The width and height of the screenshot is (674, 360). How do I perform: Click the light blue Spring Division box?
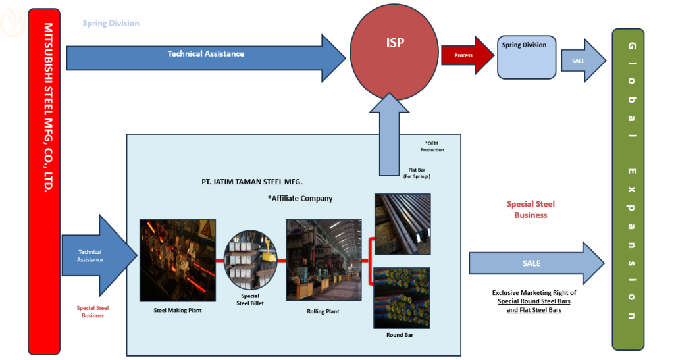pyautogui.click(x=525, y=57)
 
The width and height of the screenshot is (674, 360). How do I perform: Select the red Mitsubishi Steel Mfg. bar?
pyautogui.click(x=44, y=181)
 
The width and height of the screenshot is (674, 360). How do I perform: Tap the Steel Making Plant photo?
pyautogui.click(x=178, y=261)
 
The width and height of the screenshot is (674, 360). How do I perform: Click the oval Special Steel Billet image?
pyautogui.click(x=251, y=261)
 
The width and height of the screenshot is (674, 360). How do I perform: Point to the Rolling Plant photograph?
pyautogui.click(x=323, y=260)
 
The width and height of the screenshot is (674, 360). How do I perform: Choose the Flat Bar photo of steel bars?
pyautogui.click(x=402, y=224)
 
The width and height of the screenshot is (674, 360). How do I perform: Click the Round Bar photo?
pyautogui.click(x=402, y=297)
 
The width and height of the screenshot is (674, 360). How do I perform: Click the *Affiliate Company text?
pyautogui.click(x=300, y=198)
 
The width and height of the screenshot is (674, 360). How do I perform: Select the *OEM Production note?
pyautogui.click(x=432, y=146)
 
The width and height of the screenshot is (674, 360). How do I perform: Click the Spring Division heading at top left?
pyautogui.click(x=111, y=23)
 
